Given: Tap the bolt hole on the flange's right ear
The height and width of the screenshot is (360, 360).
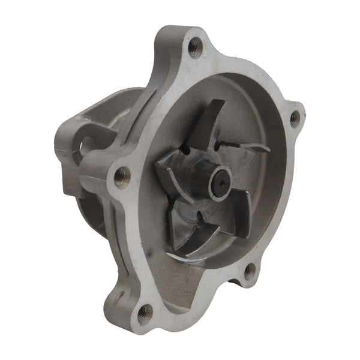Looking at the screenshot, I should (295, 119).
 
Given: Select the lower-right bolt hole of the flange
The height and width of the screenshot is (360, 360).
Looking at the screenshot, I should (250, 271).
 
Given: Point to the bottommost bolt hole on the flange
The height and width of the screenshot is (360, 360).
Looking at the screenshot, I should (145, 312).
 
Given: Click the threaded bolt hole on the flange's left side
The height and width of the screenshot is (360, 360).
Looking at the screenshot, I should (122, 176).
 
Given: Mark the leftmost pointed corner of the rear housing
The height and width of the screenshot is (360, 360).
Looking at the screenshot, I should (57, 144).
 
